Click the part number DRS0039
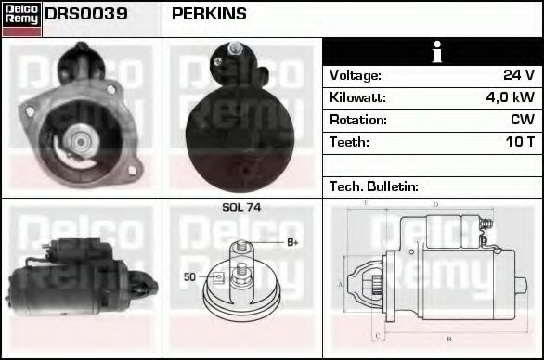click(86, 14)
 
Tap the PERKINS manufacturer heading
click(209, 14)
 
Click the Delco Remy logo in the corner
click(21, 18)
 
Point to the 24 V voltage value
click(518, 75)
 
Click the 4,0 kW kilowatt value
click(510, 97)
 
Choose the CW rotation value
click(522, 120)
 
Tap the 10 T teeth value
click(518, 142)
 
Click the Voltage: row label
click(355, 75)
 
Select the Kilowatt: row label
click(357, 97)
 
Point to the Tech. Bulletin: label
click(374, 186)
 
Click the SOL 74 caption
click(241, 208)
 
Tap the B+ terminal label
click(291, 243)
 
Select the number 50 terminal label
click(189, 276)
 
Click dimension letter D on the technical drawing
click(435, 204)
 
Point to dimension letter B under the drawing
click(448, 338)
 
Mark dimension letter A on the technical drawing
click(341, 284)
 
